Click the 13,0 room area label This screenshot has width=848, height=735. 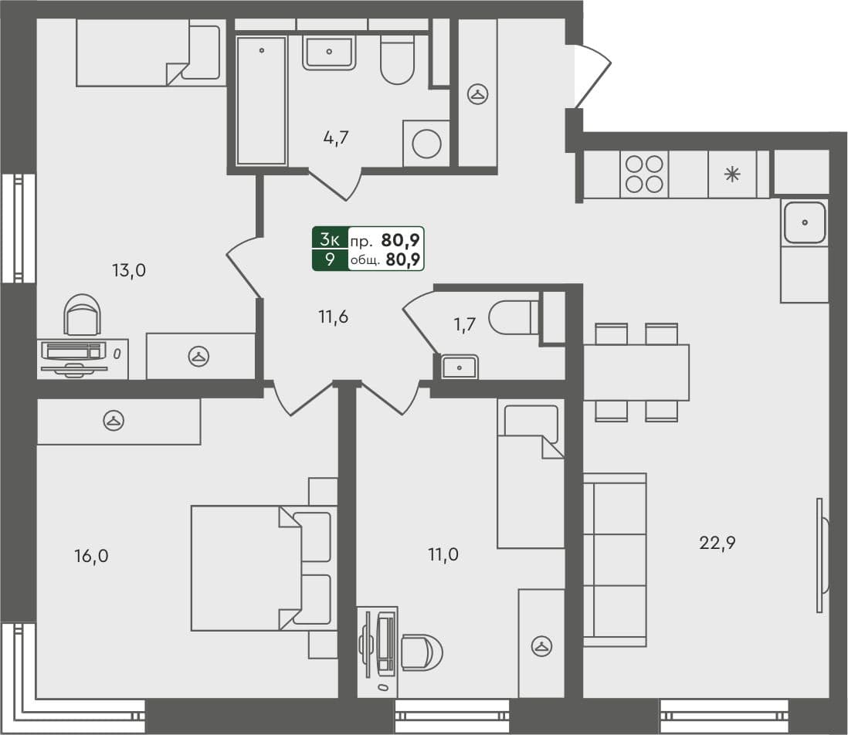(x=130, y=270)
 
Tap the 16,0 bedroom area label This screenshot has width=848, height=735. (x=91, y=556)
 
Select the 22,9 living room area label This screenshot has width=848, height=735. (x=717, y=543)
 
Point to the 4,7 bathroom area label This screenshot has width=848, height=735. (x=336, y=139)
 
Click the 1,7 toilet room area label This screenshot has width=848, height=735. (x=465, y=324)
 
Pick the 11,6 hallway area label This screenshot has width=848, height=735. (x=334, y=316)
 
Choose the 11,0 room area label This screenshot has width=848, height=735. (x=443, y=554)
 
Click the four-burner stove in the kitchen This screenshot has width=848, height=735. (x=644, y=174)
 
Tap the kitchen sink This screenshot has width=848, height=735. (x=805, y=222)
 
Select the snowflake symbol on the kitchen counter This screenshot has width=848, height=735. (x=731, y=174)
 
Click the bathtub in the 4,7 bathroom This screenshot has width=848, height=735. (x=262, y=100)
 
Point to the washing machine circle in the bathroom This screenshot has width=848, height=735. (x=426, y=143)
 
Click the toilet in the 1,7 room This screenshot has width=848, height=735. (x=514, y=317)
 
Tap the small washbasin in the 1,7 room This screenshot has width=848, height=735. (x=460, y=367)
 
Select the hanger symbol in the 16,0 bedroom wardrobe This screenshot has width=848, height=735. (x=114, y=421)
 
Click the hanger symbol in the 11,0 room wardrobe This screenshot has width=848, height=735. (x=541, y=645)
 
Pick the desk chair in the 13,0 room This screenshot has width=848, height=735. (x=82, y=315)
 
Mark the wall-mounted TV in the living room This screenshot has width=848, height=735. (x=822, y=555)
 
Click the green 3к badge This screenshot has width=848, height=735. (x=330, y=239)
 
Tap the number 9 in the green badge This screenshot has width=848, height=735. (x=330, y=259)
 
